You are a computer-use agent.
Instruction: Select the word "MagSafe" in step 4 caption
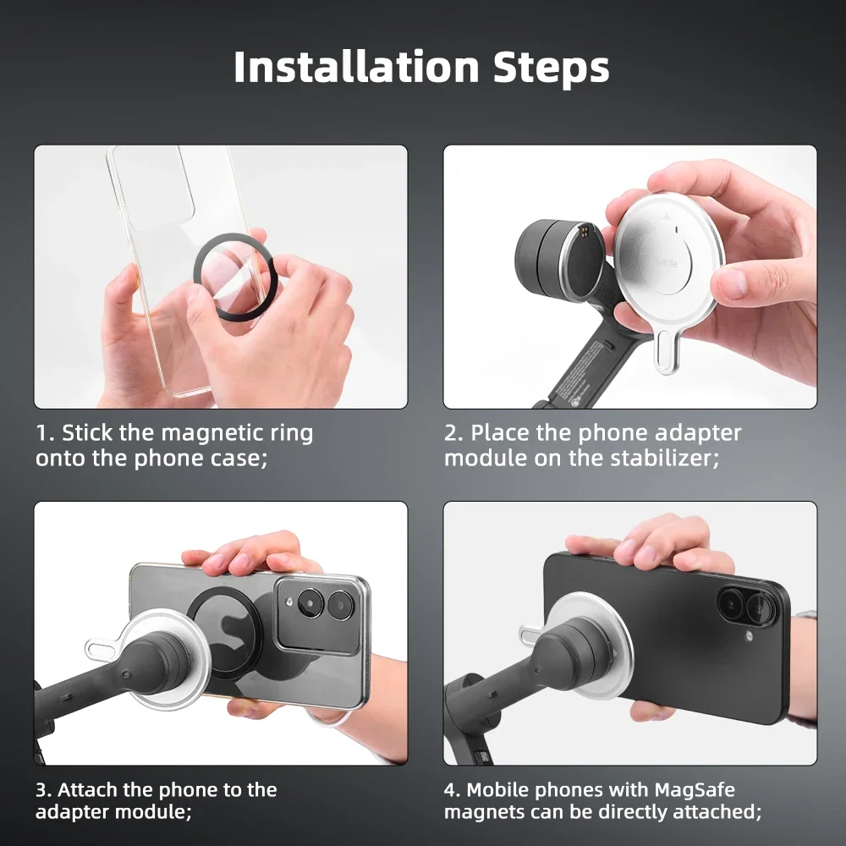click(695, 790)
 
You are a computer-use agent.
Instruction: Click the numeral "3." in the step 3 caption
click(44, 790)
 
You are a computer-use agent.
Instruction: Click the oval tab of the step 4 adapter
click(531, 633)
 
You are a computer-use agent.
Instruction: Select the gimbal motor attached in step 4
click(584, 651)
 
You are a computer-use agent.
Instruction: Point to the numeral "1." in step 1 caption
click(44, 433)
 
